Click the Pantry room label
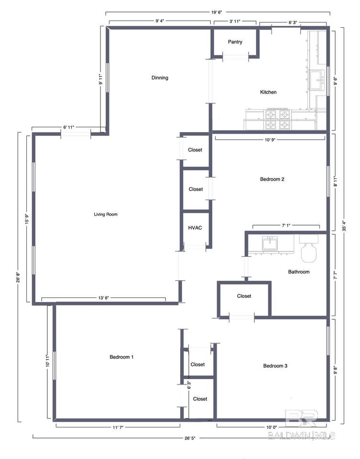[235, 42]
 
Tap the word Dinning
[160, 77]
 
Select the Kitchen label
[268, 92]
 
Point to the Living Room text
[106, 214]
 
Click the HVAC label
[195, 228]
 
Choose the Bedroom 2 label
[272, 179]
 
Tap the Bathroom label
[299, 272]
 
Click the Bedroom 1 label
[121, 357]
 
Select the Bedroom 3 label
[275, 366]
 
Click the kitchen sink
[317, 80]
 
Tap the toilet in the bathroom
[309, 248]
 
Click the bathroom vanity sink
[270, 243]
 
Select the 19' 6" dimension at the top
[217, 12]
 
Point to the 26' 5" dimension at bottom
[189, 438]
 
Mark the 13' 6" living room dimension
[103, 298]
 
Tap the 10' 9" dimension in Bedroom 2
[271, 140]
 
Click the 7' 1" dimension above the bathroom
[286, 226]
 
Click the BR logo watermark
[301, 418]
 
